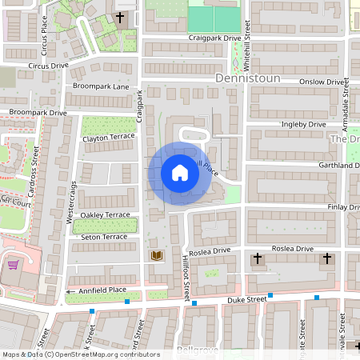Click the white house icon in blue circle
click(x=180, y=172)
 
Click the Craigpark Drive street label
click(x=214, y=38)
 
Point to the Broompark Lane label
click(x=100, y=86)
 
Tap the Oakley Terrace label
click(x=105, y=215)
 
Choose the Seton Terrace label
click(x=104, y=237)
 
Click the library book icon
click(x=157, y=256)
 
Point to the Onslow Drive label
click(x=322, y=82)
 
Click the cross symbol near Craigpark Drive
click(x=121, y=17)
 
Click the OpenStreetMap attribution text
click(x=80, y=354)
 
